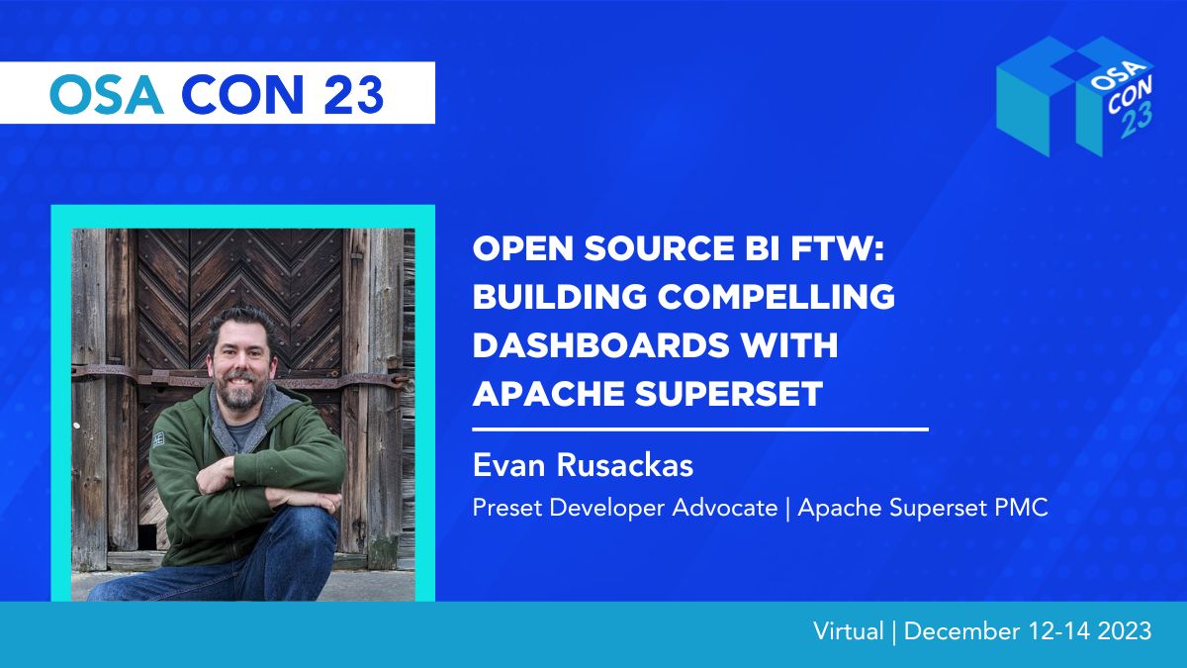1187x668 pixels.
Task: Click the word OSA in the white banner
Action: [107, 94]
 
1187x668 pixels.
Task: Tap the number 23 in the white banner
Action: [353, 94]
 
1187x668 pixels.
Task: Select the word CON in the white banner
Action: [242, 94]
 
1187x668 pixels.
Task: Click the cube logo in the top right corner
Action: [1075, 96]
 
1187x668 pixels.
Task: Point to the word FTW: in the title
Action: [837, 248]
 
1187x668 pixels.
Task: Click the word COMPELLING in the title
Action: [776, 296]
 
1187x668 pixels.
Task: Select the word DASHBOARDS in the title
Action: [601, 345]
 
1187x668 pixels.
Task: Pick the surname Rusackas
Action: [625, 465]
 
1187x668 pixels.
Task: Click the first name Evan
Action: [508, 465]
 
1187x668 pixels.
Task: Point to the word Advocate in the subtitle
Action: [725, 508]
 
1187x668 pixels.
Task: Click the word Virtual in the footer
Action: [849, 631]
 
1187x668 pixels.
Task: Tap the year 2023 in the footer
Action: [1125, 631]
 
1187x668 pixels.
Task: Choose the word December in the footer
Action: [961, 631]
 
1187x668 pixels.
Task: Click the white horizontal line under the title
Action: [700, 429]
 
